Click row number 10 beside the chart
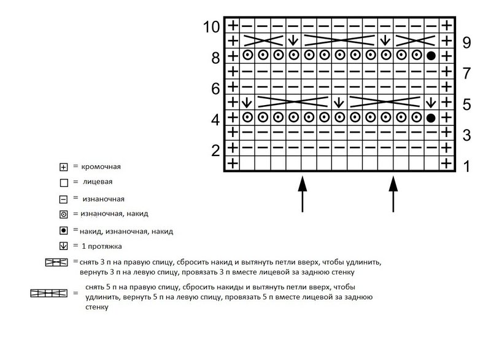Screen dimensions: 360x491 pyautogui.click(x=211, y=27)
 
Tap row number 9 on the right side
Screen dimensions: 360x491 pyautogui.click(x=466, y=42)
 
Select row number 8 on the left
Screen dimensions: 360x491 pyautogui.click(x=215, y=58)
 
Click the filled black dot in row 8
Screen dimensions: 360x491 pyautogui.click(x=431, y=56)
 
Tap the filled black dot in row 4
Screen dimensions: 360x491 pyautogui.click(x=431, y=117)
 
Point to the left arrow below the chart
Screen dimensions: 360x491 pyautogui.click(x=302, y=194)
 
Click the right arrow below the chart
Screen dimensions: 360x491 pyautogui.click(x=393, y=194)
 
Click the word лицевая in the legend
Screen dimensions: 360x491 pyautogui.click(x=98, y=182)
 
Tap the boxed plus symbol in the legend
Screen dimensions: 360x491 pyautogui.click(x=63, y=167)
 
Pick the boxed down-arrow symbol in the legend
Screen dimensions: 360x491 pyautogui.click(x=63, y=247)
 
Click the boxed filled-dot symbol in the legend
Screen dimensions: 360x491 pyautogui.click(x=63, y=231)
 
